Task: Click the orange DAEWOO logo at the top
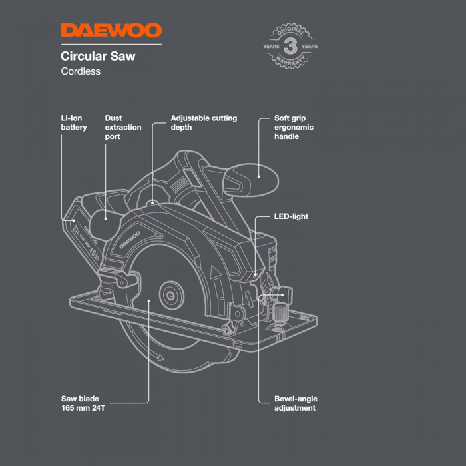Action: [x=111, y=31]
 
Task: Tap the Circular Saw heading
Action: [x=98, y=56]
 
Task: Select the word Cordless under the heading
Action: [x=81, y=71]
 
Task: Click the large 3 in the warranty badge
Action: [x=290, y=46]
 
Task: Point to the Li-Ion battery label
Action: [x=74, y=122]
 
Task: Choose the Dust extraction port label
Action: [x=123, y=127]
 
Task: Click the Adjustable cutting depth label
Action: [x=204, y=122]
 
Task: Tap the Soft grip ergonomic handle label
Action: [x=294, y=127]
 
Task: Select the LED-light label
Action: [x=291, y=216]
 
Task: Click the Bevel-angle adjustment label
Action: [x=296, y=403]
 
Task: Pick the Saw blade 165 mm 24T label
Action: [x=83, y=403]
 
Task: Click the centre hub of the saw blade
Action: [x=171, y=296]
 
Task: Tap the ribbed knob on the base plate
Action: [x=279, y=314]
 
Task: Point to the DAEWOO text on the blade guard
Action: [x=130, y=240]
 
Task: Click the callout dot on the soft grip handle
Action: [x=259, y=177]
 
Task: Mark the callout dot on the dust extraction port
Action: [x=106, y=219]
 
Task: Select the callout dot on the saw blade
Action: [x=149, y=301]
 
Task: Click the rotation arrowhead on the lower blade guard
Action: [x=160, y=357]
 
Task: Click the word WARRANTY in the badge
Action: [x=290, y=61]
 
